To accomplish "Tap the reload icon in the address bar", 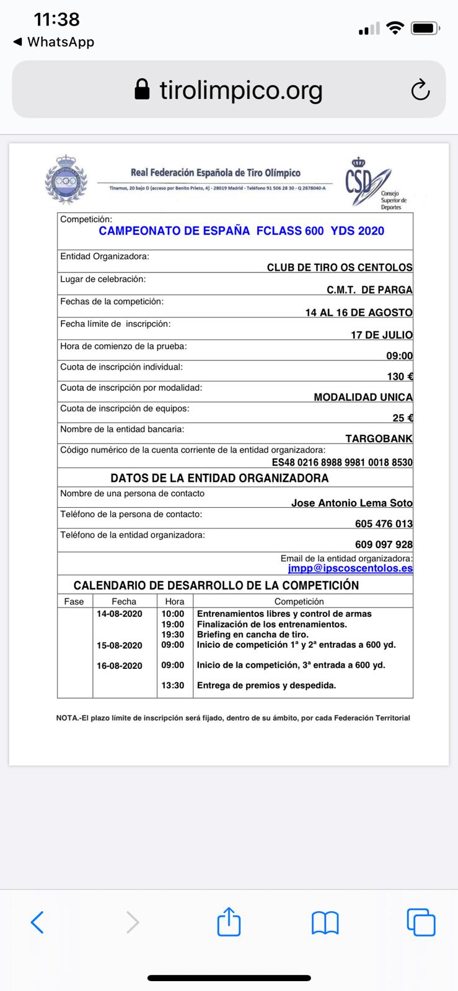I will point(420,90).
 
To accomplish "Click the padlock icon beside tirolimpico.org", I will point(142,90).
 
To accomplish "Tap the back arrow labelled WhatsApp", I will point(53,42).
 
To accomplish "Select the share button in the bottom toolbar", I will point(229,922).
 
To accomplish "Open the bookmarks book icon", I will point(325,922).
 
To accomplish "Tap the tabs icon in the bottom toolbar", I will point(421,922).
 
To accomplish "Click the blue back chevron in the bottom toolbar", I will point(37,922).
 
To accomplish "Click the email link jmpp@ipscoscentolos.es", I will point(350,568).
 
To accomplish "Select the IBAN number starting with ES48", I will point(342,462).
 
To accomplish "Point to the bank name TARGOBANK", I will point(379,439).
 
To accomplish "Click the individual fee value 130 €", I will point(400,377).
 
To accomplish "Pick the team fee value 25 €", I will point(402,418).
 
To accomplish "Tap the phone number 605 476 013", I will point(384,523).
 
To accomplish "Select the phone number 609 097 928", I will point(384,544).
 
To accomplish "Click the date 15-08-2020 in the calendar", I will point(120,645).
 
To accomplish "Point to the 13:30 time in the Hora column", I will point(173,686).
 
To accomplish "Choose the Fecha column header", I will point(124,601).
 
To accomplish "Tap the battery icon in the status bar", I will point(425,28).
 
